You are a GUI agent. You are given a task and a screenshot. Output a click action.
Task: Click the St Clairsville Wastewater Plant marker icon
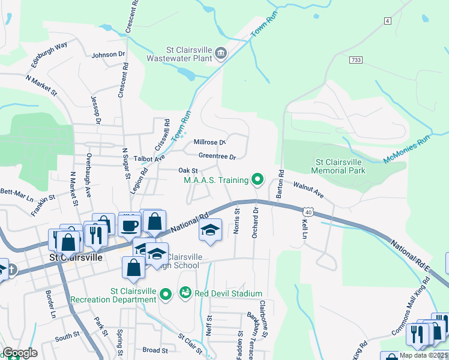(220, 54)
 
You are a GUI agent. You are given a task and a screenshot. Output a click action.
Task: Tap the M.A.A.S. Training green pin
(258, 179)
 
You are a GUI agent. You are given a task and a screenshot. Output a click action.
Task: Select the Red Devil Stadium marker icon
(185, 293)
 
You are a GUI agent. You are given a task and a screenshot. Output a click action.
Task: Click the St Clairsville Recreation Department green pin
(167, 293)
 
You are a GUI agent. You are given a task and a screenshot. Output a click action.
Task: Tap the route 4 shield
(387, 21)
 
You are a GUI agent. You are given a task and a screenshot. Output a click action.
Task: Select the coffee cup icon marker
(130, 226)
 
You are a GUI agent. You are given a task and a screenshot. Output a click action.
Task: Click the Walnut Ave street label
(308, 191)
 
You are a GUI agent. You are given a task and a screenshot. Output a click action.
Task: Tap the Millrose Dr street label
(209, 142)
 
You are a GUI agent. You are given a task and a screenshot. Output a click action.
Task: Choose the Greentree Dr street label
(217, 157)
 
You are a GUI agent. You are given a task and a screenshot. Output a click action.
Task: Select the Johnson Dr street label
(107, 55)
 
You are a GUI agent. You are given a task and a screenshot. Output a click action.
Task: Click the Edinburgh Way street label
(49, 53)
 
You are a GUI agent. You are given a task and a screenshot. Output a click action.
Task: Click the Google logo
(19, 353)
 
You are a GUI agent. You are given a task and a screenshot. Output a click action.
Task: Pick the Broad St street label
(155, 350)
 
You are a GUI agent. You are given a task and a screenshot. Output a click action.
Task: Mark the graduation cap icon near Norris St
(210, 230)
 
